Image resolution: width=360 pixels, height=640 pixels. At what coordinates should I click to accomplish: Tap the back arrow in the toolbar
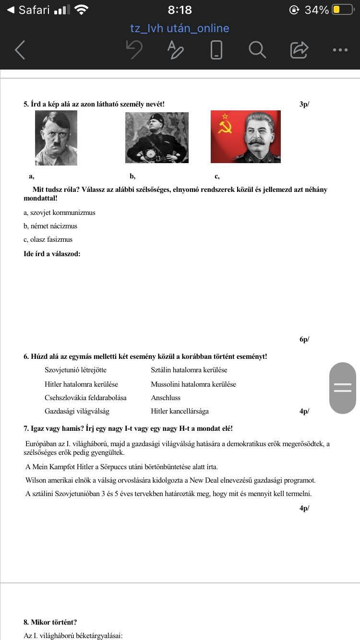click(20, 49)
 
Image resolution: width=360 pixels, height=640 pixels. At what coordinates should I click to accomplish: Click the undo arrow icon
click(134, 49)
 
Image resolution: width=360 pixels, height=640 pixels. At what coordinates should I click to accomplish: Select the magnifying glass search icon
click(257, 49)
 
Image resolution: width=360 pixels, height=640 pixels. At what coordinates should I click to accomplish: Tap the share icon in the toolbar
click(299, 49)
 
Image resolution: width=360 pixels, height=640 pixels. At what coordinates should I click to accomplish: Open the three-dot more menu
click(340, 49)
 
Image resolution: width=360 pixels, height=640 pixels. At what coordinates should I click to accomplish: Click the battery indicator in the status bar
click(342, 10)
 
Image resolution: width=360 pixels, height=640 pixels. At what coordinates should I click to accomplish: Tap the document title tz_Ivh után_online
click(180, 28)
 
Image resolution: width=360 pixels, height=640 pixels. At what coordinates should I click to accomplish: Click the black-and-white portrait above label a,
click(56, 138)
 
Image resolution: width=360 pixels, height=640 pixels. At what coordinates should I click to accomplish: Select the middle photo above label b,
click(156, 138)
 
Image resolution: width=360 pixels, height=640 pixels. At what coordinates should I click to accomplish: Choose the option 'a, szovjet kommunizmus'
click(60, 213)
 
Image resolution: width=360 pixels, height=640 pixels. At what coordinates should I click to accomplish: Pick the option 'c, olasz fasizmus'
click(48, 239)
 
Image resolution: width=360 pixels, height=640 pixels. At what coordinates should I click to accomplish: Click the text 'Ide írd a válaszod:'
click(52, 254)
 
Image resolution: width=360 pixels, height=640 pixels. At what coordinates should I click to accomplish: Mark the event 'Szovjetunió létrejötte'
click(75, 370)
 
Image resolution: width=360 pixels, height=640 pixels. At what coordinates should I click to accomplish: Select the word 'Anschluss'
click(166, 398)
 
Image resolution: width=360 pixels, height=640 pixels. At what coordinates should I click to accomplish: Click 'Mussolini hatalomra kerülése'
click(193, 384)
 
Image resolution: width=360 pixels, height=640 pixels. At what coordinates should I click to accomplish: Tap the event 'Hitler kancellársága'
click(180, 411)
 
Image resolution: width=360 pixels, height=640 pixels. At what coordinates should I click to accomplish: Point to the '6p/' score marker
click(304, 339)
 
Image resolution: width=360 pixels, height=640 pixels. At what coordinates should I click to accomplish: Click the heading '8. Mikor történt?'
click(50, 622)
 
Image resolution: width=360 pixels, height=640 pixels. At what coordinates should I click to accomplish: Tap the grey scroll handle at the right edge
click(343, 388)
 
